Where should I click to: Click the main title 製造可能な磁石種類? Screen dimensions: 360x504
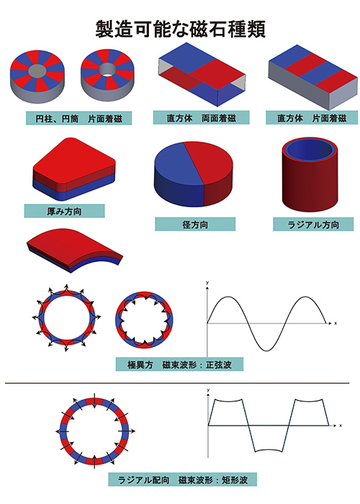(x=180, y=30)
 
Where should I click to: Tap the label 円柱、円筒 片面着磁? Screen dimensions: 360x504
(x=78, y=119)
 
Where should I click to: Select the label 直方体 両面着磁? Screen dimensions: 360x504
(x=201, y=118)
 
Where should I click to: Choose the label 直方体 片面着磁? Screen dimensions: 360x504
(x=312, y=118)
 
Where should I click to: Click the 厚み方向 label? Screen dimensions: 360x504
(x=64, y=211)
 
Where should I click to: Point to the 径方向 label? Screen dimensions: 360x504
(x=195, y=224)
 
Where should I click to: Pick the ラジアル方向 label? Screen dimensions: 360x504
(x=313, y=224)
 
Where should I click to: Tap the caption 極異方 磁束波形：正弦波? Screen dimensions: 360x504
(x=179, y=364)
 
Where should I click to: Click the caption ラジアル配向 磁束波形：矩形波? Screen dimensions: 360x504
(x=183, y=480)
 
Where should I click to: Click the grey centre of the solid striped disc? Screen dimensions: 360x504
(x=37, y=70)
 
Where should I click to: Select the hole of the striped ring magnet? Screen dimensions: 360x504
(x=107, y=69)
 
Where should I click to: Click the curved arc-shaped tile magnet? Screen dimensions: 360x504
(x=74, y=250)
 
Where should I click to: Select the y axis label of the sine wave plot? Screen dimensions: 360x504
(x=207, y=282)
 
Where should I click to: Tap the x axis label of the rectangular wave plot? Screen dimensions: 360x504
(x=341, y=426)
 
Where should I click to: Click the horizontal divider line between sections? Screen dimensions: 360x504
(x=177, y=383)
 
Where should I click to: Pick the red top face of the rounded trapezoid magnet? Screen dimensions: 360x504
(x=74, y=160)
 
